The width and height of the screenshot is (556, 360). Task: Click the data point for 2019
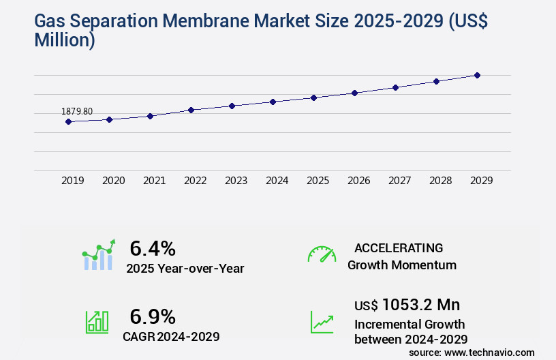[68, 122]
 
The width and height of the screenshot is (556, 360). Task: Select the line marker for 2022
[191, 110]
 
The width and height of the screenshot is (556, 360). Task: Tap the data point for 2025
[313, 97]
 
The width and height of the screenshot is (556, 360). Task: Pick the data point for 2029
[477, 75]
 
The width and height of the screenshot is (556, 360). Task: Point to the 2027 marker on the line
[395, 87]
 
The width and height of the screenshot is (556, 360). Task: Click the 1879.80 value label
[77, 111]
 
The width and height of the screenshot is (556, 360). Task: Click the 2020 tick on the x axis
[114, 181]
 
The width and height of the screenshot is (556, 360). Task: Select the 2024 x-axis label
[277, 181]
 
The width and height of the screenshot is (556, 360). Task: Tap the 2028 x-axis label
[441, 181]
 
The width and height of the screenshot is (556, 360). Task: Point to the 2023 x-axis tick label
[236, 181]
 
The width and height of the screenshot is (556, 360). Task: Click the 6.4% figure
[153, 247]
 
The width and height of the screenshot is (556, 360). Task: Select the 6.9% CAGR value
[153, 316]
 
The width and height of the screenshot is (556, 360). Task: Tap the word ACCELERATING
[399, 247]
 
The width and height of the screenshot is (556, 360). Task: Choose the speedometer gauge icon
[322, 254]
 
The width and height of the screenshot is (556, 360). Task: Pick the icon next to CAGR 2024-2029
[97, 322]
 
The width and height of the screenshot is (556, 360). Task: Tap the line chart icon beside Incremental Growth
[322, 322]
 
